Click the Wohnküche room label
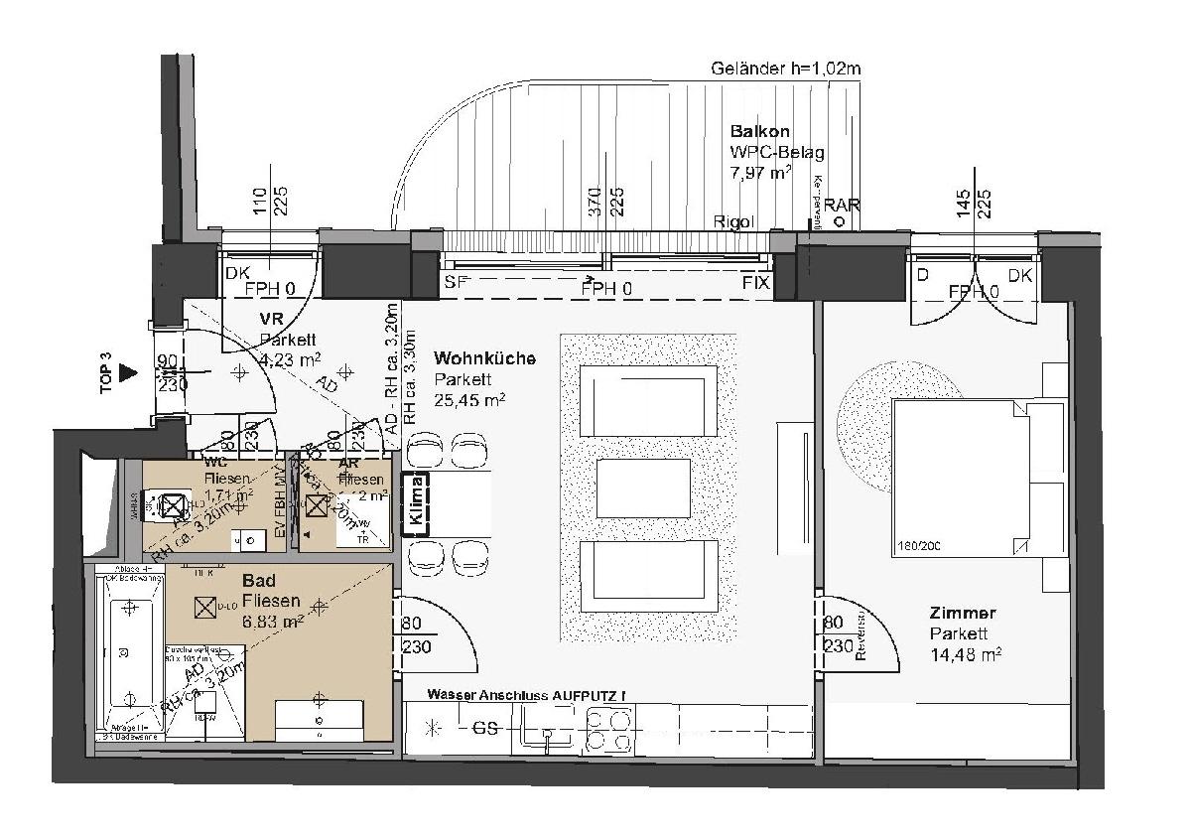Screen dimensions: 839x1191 click(x=484, y=357)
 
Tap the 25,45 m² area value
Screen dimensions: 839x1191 click(x=470, y=400)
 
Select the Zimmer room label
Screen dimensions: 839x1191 click(x=962, y=613)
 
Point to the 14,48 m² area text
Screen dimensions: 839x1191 click(x=965, y=654)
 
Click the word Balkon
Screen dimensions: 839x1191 click(x=760, y=131)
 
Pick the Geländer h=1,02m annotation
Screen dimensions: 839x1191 click(x=785, y=69)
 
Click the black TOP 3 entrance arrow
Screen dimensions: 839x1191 click(x=127, y=372)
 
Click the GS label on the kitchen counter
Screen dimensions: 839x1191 click(x=484, y=728)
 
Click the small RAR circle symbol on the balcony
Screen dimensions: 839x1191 click(x=840, y=221)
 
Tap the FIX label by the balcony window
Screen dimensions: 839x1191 click(x=756, y=283)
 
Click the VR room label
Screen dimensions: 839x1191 click(x=273, y=320)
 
